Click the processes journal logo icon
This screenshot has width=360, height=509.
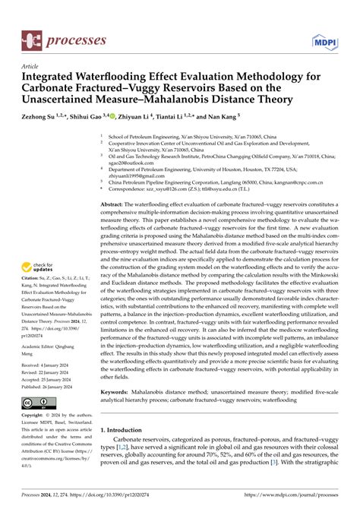pos(33,36)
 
